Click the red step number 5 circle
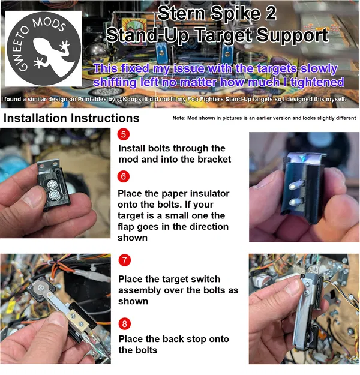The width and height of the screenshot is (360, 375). click(x=123, y=134)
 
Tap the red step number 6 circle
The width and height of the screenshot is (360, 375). click(x=123, y=176)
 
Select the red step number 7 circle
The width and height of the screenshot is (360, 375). click(x=124, y=260)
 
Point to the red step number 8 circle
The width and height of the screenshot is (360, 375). click(x=124, y=323)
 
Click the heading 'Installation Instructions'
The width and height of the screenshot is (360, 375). click(x=71, y=118)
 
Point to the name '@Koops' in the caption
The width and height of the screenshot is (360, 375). click(x=133, y=99)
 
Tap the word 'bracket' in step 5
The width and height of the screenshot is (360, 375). click(x=210, y=159)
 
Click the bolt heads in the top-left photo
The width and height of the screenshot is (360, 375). click(x=53, y=187)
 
